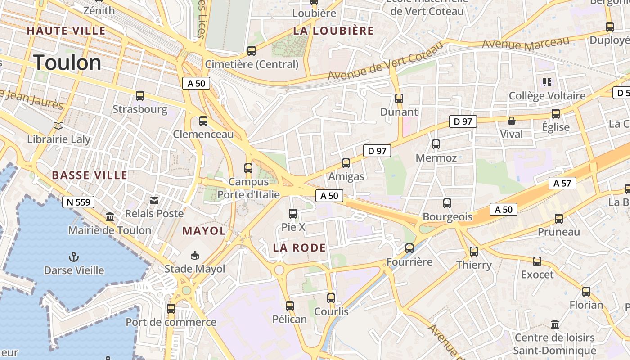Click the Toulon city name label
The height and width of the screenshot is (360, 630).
point(67,63)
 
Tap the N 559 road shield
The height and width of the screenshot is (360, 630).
point(78,202)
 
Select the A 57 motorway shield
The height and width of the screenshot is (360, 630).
point(562,183)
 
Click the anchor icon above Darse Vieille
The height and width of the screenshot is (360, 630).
point(73,257)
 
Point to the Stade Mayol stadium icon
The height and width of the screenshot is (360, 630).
point(194,255)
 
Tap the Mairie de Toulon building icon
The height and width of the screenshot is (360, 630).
point(110,217)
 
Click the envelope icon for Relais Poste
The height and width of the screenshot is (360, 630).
point(154,200)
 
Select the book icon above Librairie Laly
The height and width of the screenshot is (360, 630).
point(58,126)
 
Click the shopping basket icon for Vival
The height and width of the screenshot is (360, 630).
point(512,121)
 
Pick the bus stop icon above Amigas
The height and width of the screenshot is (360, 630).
point(346,163)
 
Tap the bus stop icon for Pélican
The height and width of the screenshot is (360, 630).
point(290,306)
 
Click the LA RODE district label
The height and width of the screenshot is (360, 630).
point(299,248)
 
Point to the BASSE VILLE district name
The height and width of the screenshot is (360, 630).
point(90,175)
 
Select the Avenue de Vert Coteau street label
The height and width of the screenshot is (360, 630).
point(385,64)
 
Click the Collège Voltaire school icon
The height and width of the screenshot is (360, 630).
point(547,82)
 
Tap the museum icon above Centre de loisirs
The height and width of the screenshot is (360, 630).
point(555,324)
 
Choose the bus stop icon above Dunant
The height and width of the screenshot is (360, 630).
point(399,99)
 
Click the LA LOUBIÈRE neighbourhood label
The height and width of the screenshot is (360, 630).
point(333,31)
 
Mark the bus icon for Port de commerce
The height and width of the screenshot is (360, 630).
point(171,309)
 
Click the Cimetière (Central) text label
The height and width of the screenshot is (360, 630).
point(252,64)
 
